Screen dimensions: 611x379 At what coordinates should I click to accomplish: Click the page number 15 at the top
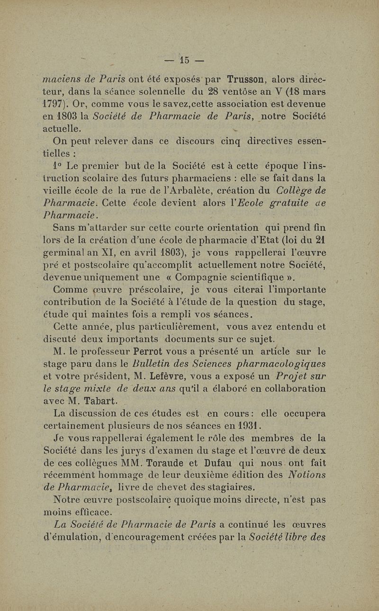point(185,60)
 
